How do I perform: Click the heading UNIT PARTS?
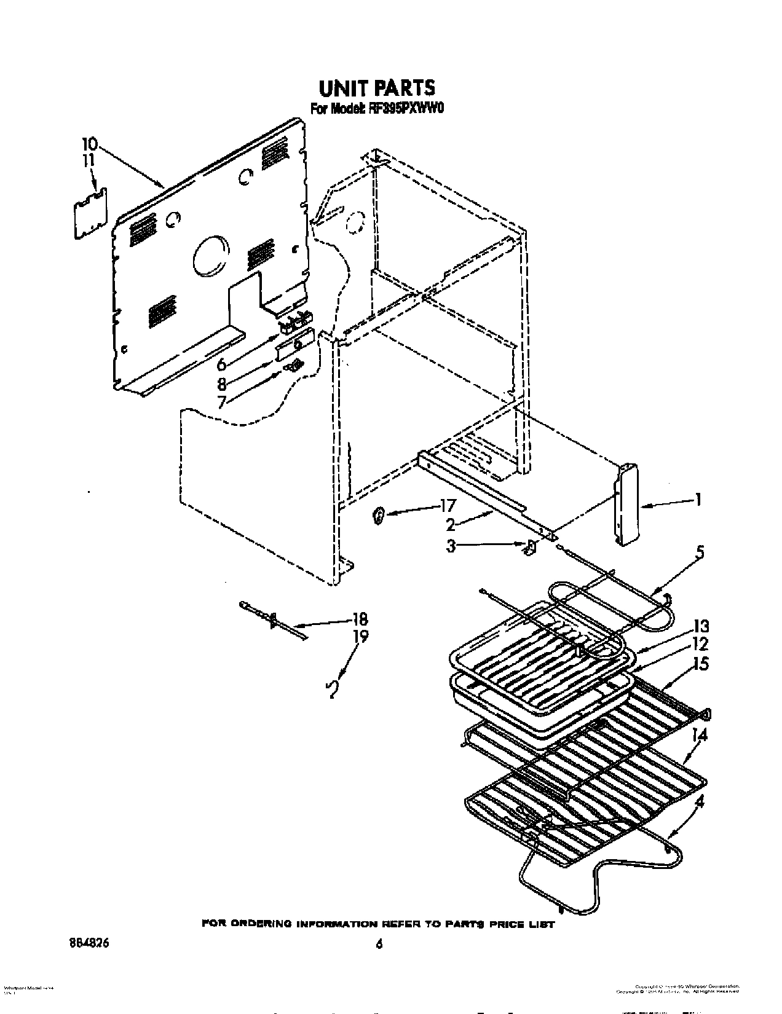[x=377, y=88]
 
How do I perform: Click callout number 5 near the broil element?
[x=697, y=552]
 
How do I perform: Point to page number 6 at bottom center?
[x=379, y=946]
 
